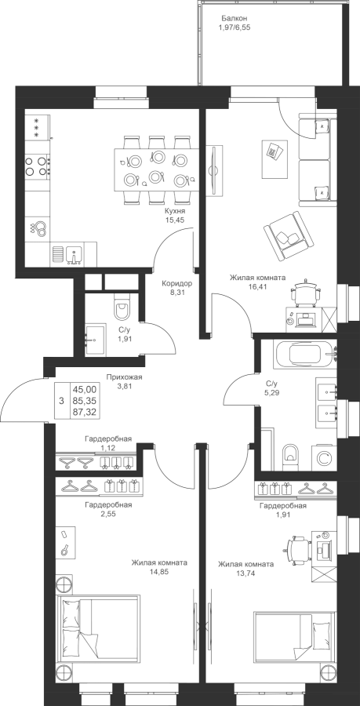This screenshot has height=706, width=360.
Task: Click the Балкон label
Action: [x=235, y=19]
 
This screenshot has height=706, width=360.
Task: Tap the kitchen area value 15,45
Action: [x=176, y=220]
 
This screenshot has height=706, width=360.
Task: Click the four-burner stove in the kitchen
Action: [x=37, y=166]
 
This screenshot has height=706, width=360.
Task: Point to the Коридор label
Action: [x=177, y=284]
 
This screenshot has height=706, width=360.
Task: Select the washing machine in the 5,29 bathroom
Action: [x=324, y=458]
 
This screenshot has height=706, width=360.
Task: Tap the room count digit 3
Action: [x=61, y=400]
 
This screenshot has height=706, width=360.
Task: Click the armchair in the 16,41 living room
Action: [x=289, y=235]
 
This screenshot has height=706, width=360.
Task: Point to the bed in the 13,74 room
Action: [x=295, y=635]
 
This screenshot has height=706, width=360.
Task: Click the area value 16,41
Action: [x=257, y=286]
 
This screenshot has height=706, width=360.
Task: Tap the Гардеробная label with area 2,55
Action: [x=108, y=504]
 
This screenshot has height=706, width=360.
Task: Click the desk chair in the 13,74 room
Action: [x=300, y=548]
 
